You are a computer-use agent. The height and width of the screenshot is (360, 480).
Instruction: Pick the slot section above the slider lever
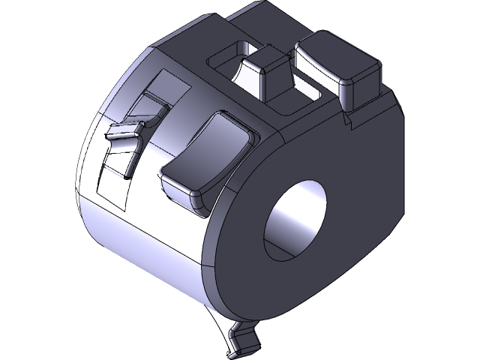[x=154, y=97]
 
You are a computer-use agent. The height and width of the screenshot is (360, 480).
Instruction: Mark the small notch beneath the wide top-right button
[x=346, y=118]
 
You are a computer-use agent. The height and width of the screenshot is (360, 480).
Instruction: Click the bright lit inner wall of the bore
[x=285, y=225]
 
